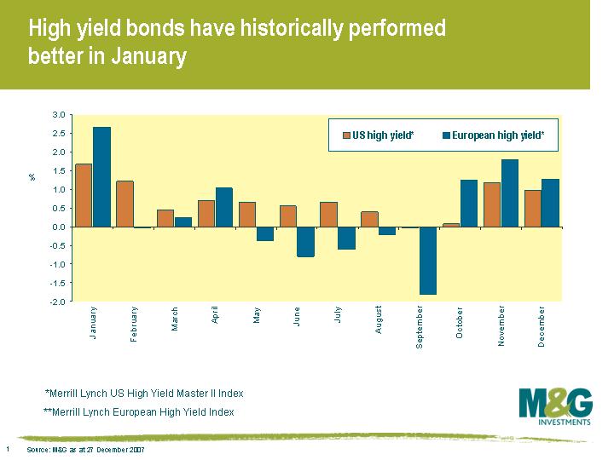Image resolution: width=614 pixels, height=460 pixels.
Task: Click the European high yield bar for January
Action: pyautogui.click(x=101, y=177)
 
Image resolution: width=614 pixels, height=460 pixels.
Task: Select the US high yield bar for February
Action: pyautogui.click(x=125, y=204)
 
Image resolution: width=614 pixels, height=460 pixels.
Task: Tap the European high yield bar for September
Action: pyautogui.click(x=427, y=261)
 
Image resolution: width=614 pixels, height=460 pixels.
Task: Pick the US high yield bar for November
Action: pyautogui.click(x=492, y=205)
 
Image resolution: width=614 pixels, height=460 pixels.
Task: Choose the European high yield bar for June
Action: pyautogui.click(x=305, y=242)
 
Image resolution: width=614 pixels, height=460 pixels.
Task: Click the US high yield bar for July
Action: pyautogui.click(x=328, y=215)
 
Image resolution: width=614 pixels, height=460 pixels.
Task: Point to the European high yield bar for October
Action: pyautogui.click(x=468, y=204)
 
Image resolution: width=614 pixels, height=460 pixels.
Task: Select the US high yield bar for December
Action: pyautogui.click(x=533, y=209)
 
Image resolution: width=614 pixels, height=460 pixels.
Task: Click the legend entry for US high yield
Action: pyautogui.click(x=378, y=135)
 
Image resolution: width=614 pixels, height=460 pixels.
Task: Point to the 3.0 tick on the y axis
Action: pyautogui.click(x=59, y=114)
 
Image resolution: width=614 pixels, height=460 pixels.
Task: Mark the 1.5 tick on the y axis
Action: pyautogui.click(x=59, y=170)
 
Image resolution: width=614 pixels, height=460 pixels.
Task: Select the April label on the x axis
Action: pyautogui.click(x=216, y=314)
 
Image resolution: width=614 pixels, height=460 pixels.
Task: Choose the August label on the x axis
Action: pyautogui.click(x=379, y=319)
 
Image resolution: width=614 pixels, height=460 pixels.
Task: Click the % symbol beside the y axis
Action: pyautogui.click(x=32, y=177)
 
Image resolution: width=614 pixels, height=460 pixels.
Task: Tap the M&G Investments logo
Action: pyautogui.click(x=555, y=406)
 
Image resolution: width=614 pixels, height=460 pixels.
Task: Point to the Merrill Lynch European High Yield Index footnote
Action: pyautogui.click(x=138, y=412)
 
